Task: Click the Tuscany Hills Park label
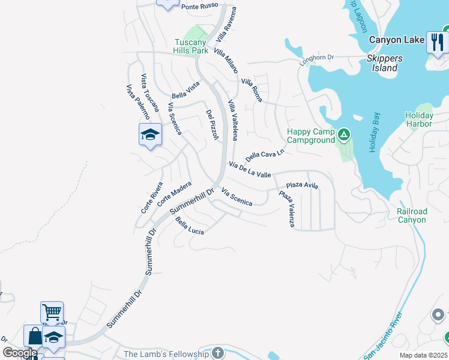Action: (191, 46)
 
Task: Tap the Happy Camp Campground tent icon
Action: (344, 134)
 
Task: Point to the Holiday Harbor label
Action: (418, 119)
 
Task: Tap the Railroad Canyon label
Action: (412, 215)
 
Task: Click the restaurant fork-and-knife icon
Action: (437, 41)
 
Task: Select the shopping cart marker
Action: (52, 311)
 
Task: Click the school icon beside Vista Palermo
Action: (150, 134)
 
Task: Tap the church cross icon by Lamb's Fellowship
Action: (217, 352)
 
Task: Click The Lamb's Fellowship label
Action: (166, 354)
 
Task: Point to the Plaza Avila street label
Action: (302, 185)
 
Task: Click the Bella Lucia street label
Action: (189, 226)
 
